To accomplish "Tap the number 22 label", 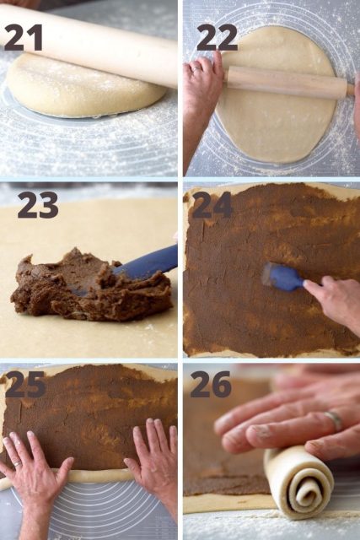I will click(x=217, y=36).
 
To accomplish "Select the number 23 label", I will click(x=38, y=204).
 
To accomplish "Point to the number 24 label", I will click(x=212, y=204).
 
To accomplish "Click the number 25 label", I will click(x=25, y=384).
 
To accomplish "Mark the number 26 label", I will click(x=211, y=384).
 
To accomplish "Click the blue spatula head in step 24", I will click(x=282, y=276).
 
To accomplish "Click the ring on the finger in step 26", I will click(x=335, y=419).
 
